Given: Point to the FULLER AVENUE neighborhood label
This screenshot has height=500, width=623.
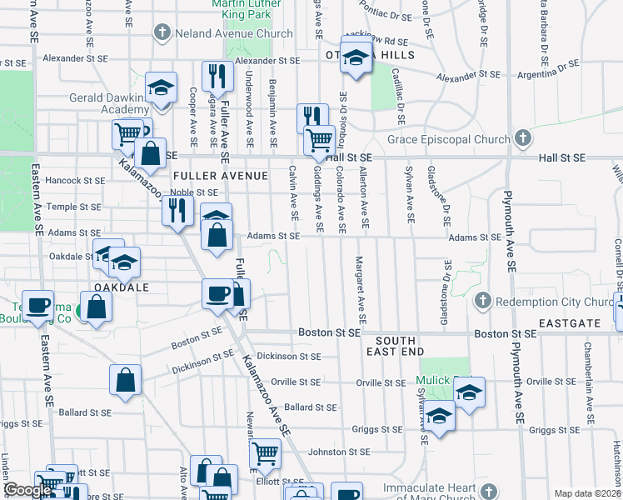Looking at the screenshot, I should [x=221, y=176].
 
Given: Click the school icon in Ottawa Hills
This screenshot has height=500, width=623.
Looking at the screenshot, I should [x=356, y=59].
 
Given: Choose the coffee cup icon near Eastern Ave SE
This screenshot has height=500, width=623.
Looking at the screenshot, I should [x=37, y=306].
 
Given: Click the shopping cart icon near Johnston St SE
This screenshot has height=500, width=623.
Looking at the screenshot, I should [x=264, y=454].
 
